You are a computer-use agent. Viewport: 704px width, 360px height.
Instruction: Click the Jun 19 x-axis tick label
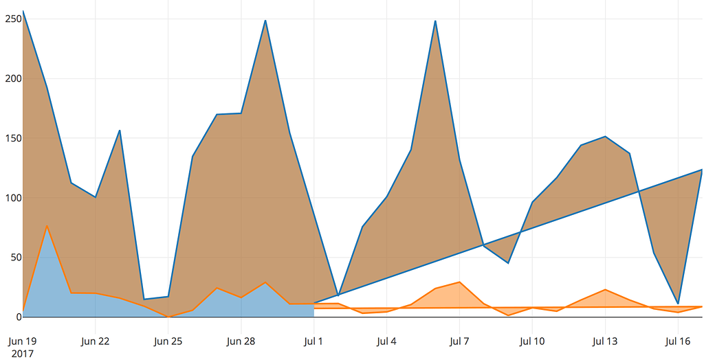(x=23, y=341)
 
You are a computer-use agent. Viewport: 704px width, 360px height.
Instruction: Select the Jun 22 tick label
(x=95, y=341)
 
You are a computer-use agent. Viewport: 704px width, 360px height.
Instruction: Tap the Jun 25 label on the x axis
(x=168, y=341)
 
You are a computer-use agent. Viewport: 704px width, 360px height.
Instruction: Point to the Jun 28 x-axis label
(x=241, y=341)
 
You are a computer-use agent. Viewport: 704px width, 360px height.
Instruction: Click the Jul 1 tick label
(x=313, y=341)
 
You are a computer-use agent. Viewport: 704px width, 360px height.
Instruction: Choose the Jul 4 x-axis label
(x=386, y=341)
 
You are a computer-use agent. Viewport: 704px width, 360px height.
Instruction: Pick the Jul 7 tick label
(x=459, y=341)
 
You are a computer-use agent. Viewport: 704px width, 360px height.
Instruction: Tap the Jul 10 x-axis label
(x=532, y=341)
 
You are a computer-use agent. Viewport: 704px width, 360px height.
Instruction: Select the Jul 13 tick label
(x=605, y=341)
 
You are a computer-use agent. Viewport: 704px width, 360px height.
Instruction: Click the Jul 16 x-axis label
(x=678, y=341)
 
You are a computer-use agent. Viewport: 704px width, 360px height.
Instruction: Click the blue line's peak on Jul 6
(x=435, y=21)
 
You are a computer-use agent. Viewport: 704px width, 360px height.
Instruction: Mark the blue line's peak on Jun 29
(x=265, y=21)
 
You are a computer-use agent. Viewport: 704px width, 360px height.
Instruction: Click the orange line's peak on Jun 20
(x=47, y=225)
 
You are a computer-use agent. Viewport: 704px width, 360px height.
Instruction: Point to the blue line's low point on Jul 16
(x=678, y=304)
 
